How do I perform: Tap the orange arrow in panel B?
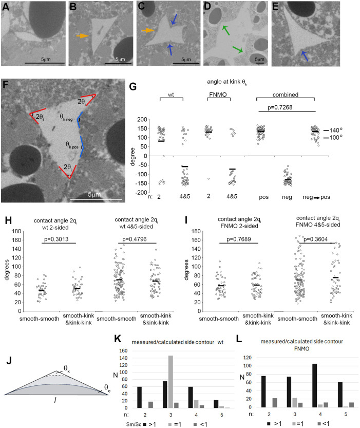pyautogui.click(x=82, y=36)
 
